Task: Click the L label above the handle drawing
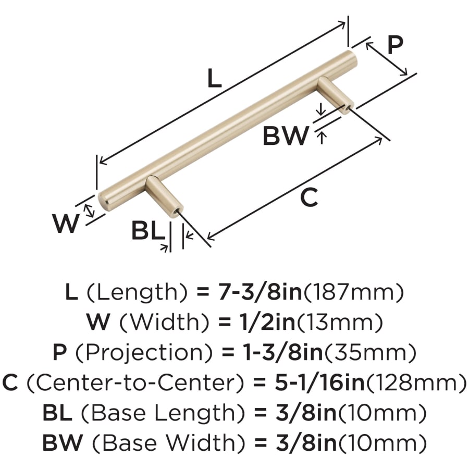[214, 79]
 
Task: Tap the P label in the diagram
[395, 46]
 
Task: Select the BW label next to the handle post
[285, 137]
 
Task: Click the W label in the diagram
[66, 225]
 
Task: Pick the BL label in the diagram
[147, 231]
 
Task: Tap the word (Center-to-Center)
[135, 384]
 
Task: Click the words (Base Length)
[164, 413]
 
